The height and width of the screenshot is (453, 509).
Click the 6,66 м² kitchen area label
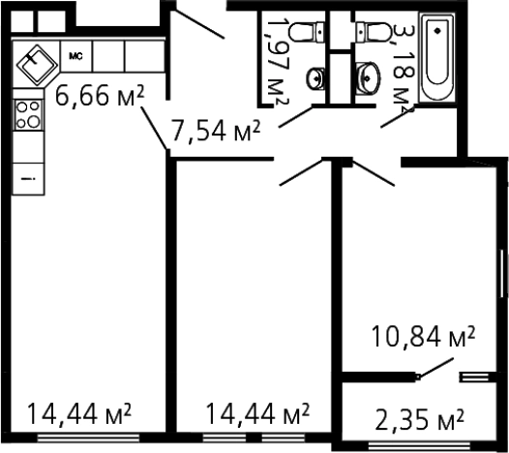coord(99,96)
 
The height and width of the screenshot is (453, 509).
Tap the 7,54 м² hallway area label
coord(216,131)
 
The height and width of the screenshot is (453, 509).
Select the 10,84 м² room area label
coord(423,337)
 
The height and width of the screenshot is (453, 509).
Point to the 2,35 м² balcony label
coord(419,419)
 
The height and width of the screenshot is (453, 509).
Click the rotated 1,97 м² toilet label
coord(277,62)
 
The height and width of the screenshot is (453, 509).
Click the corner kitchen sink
coord(37,64)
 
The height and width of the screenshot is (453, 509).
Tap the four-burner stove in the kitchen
coord(28,114)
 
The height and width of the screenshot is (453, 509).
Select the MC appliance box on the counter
coord(75,56)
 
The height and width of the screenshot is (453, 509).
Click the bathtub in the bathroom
coord(437,57)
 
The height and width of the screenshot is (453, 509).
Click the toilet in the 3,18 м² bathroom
coord(374,32)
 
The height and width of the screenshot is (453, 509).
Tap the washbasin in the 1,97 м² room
coord(315,78)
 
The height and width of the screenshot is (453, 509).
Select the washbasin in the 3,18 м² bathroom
coord(367,78)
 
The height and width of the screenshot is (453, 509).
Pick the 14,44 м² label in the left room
coord(79,413)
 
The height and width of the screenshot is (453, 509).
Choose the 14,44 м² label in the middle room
coord(257,413)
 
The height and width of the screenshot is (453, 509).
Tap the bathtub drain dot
coord(437,31)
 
